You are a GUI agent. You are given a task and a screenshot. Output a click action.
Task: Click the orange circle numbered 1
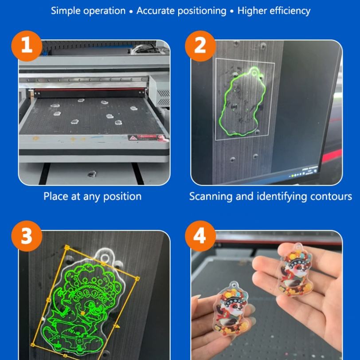[x=27, y=46]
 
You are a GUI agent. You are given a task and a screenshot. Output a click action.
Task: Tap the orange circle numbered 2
[x=200, y=46]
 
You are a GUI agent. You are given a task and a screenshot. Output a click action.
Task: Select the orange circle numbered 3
[x=27, y=236]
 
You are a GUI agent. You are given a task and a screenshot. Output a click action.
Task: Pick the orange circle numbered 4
[x=200, y=236]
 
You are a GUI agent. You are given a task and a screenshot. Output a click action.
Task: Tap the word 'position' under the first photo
[x=122, y=197]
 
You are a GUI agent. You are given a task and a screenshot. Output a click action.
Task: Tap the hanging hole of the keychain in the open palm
[x=298, y=247]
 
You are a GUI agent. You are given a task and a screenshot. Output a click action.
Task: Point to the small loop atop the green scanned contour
[x=254, y=73]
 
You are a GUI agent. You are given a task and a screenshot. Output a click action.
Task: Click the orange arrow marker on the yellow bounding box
[x=117, y=326]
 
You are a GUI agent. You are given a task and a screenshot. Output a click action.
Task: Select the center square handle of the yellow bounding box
[x=82, y=313]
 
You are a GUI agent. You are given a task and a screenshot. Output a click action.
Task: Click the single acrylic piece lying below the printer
[x=92, y=174]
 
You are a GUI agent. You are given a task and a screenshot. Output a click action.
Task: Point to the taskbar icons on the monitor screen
[x=304, y=172]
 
